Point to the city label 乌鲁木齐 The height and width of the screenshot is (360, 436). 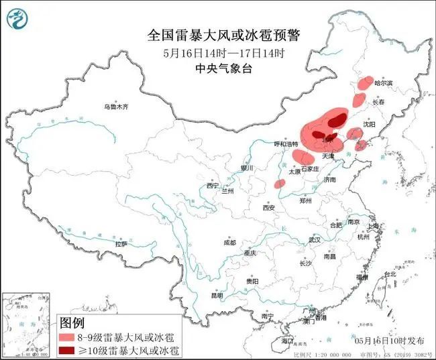click(115, 107)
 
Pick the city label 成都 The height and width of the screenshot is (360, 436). click(229, 242)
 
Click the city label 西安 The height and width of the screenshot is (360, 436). click(269, 208)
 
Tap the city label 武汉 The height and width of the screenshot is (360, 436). click(315, 239)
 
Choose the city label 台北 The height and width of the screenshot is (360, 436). click(390, 274)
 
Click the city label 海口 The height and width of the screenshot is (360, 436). click(287, 341)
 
